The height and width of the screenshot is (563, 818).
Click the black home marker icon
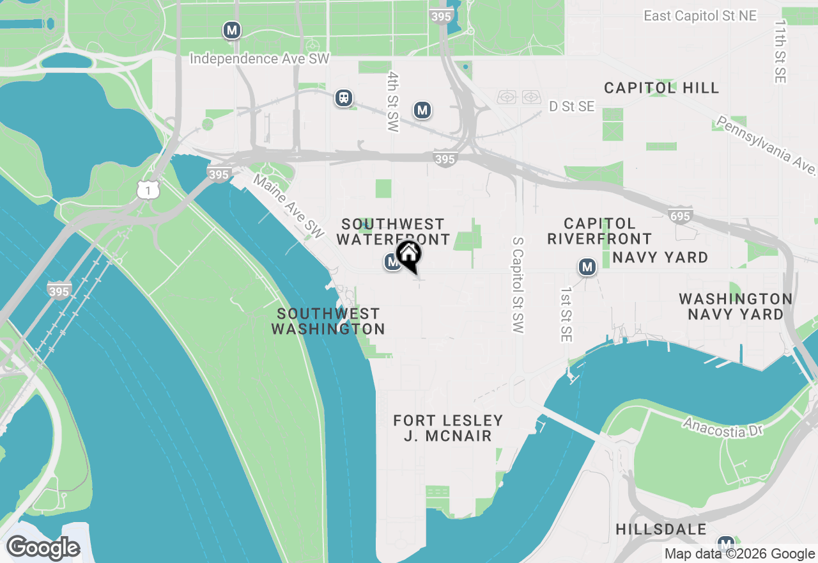pos(409,255)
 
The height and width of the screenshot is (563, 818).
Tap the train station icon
pos(344,98)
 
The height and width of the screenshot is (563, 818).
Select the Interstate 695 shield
pos(680,216)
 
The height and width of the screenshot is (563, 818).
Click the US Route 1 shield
pos(148,189)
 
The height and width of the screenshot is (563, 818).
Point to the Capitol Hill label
pos(661,88)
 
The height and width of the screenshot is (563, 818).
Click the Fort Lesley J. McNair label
pos(448,428)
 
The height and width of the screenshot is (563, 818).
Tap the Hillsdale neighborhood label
pos(661,529)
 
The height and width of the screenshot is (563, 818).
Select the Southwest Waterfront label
pos(393,232)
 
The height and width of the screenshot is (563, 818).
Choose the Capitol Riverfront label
pos(599,231)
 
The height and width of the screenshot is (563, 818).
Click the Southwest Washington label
pos(328,321)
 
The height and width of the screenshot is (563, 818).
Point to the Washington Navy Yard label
pos(736,306)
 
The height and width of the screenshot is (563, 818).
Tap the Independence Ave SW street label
pos(259,59)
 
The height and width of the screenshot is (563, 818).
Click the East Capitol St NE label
pos(700,16)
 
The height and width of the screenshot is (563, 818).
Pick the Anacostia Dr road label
pos(723,427)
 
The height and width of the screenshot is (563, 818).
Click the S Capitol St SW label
pos(518,285)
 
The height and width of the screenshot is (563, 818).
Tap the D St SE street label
pos(571,106)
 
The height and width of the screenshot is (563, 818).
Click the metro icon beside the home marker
pos(392,262)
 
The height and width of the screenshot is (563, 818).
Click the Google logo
pos(43,548)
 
